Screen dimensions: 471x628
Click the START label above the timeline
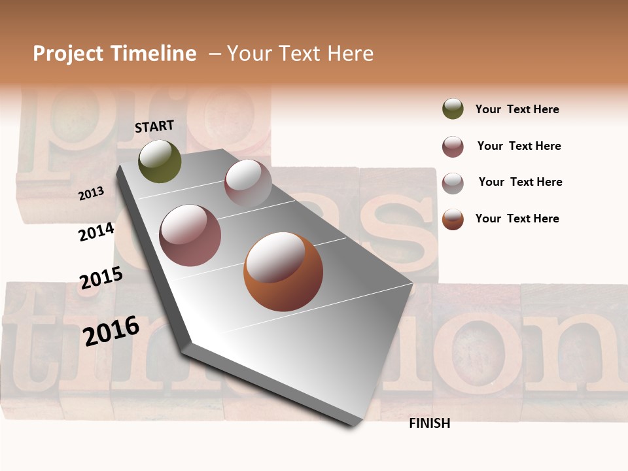pyautogui.click(x=154, y=126)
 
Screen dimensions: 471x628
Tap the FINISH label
pyautogui.click(x=429, y=423)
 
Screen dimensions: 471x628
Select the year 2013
pyautogui.click(x=91, y=194)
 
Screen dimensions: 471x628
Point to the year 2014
pyautogui.click(x=96, y=232)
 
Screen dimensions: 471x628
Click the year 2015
pyautogui.click(x=101, y=278)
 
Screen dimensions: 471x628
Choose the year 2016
pyautogui.click(x=111, y=330)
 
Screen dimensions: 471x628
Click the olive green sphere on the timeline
pyautogui.click(x=160, y=161)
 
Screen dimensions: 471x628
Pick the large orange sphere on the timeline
pyautogui.click(x=283, y=271)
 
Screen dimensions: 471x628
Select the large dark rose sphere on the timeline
pyautogui.click(x=190, y=235)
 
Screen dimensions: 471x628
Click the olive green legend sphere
pyautogui.click(x=453, y=109)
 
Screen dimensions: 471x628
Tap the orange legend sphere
pyautogui.click(x=453, y=219)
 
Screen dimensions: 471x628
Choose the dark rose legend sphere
pyautogui.click(x=453, y=147)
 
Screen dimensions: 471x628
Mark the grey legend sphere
pyautogui.click(x=453, y=183)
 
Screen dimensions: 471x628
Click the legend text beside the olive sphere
pyautogui.click(x=517, y=109)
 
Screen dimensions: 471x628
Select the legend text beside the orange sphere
pyautogui.click(x=517, y=218)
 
